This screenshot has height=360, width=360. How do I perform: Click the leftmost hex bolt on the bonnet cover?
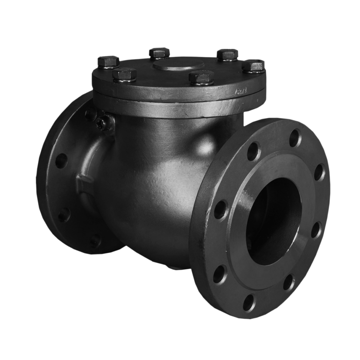point(107,61)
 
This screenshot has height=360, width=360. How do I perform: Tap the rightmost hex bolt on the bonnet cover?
point(255,65)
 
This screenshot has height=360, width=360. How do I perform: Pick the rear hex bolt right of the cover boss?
point(228,55)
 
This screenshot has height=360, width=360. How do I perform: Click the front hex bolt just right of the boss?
point(201,76)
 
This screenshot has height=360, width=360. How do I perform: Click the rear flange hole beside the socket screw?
point(89,115)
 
